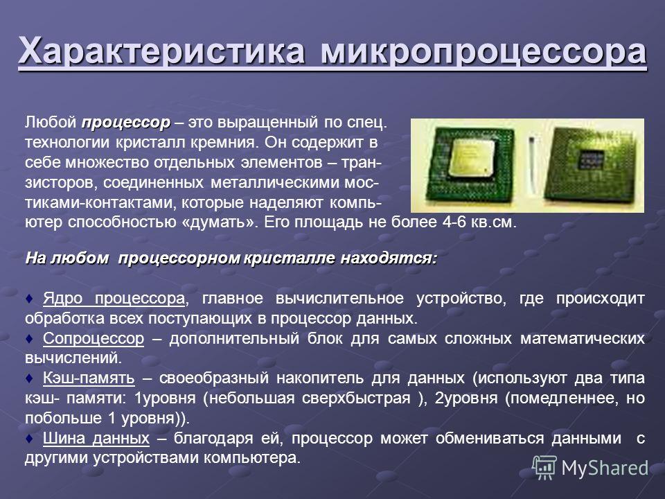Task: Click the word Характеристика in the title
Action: click(x=161, y=51)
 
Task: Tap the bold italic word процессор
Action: click(x=126, y=123)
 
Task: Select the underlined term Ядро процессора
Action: click(x=114, y=299)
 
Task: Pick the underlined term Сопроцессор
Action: click(x=94, y=338)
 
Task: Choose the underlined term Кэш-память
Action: click(x=89, y=378)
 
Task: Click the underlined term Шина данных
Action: click(x=96, y=438)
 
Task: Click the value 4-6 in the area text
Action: click(x=454, y=222)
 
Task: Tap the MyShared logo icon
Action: click(x=544, y=467)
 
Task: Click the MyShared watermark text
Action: click(x=605, y=468)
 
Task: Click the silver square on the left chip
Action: click(x=471, y=157)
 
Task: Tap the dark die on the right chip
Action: click(x=593, y=161)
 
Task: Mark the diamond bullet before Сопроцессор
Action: click(x=29, y=338)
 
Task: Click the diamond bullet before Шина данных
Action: click(x=29, y=438)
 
